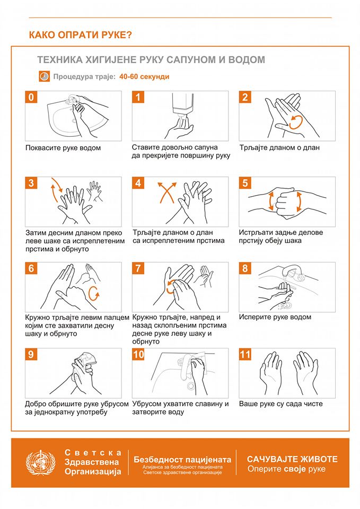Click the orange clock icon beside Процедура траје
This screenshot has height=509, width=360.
coord(44,76)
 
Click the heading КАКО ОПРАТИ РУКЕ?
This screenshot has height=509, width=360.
coord(81,35)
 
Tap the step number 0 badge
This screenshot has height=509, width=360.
coord(31,97)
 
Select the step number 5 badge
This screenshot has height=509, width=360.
coord(245,183)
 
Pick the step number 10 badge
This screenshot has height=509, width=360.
coord(138,354)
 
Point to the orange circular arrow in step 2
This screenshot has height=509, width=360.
coord(296,122)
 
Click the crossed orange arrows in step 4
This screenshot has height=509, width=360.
coord(167,192)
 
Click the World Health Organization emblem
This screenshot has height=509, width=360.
coord(40,462)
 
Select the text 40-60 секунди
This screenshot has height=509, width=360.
coord(144,76)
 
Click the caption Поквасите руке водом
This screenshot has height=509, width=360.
coord(63,148)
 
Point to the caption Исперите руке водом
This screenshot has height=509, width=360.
coord(275,317)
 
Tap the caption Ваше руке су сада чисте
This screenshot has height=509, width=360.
coord(281,404)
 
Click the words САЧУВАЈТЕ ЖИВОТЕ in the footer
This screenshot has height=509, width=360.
coord(292,459)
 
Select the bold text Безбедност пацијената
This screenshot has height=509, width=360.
coord(182,460)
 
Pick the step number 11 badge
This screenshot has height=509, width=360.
coord(245,354)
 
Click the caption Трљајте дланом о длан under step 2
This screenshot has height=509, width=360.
coord(279,148)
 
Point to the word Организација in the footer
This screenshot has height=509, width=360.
coord(93,472)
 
